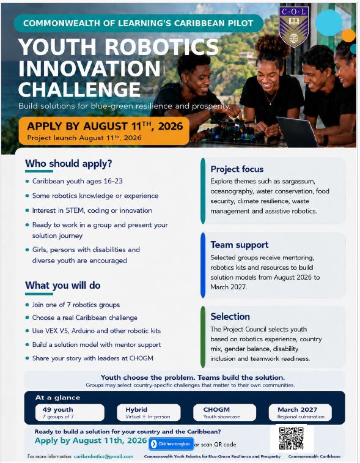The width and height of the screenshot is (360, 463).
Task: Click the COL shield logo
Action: coord(293,26)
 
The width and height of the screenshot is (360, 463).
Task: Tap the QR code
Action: coord(292,438)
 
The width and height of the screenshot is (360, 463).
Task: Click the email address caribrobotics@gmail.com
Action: coord(103,456)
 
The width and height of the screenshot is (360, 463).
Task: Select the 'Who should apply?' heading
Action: coord(68,163)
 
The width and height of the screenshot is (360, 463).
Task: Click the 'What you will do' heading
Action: coord(63,285)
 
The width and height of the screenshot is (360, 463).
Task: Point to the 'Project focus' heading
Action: coord(237,169)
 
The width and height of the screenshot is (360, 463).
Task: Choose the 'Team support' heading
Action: coord(240,245)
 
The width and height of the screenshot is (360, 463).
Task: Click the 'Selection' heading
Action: coord(230,316)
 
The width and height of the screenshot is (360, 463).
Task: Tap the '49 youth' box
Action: coord(70,412)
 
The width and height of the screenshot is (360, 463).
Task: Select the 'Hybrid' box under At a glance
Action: coord(149,412)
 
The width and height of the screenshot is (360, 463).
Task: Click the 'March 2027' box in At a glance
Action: coord(300,412)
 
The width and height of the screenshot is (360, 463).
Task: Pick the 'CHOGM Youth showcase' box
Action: coord(224,412)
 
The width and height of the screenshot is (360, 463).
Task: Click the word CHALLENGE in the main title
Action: coord(79,89)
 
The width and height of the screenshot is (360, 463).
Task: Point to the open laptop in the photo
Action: coord(296,131)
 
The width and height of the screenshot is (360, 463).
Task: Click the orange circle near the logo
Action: coord(349,35)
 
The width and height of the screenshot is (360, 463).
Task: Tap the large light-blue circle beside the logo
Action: coord(329,23)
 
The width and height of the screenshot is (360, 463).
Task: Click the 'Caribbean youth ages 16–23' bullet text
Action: coord(77,181)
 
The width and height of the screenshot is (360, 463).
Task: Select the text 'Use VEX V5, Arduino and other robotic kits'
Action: coord(97,331)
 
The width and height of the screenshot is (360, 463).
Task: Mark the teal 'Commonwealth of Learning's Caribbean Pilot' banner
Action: coord(138,23)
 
